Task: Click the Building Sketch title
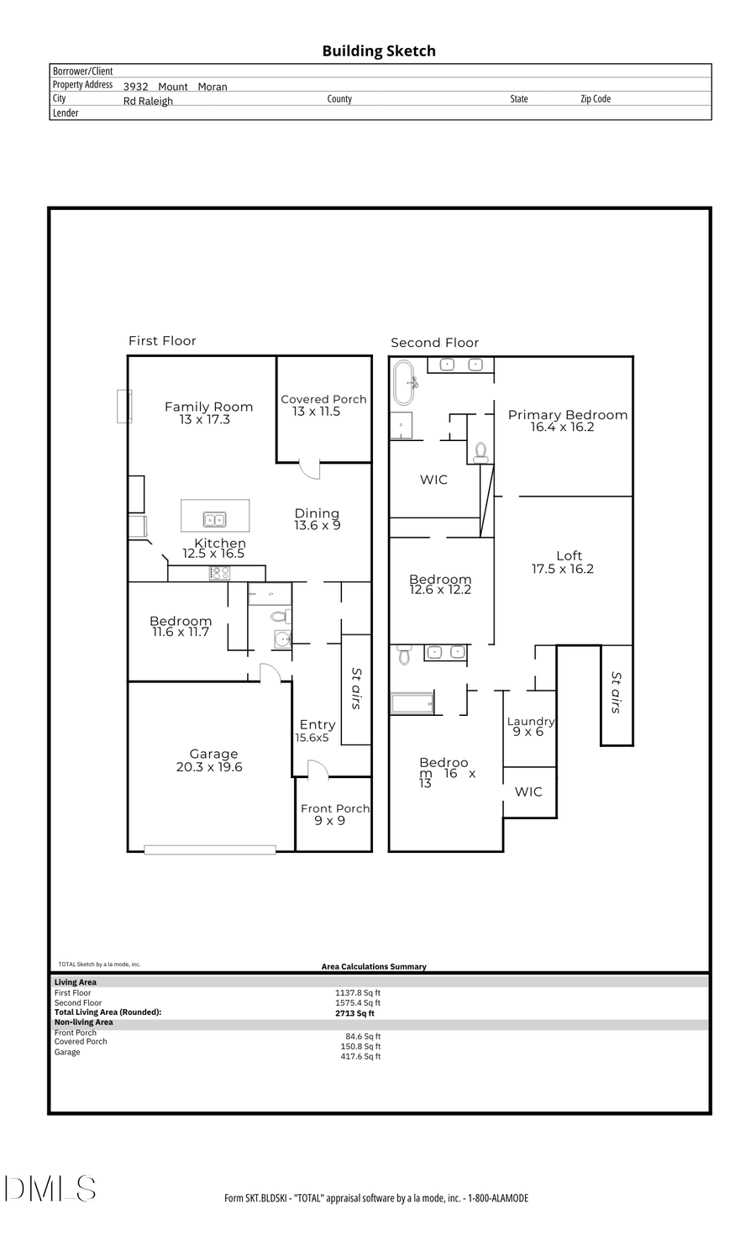click(x=379, y=51)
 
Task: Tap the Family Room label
click(x=208, y=407)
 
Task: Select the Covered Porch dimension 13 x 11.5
click(x=317, y=412)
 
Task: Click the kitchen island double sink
click(x=214, y=519)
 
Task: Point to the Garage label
click(x=213, y=754)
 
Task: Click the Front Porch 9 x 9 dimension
click(x=329, y=821)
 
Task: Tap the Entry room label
click(x=318, y=724)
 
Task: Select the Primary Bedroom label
click(x=568, y=414)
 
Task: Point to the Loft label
click(x=569, y=555)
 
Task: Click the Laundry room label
click(x=530, y=721)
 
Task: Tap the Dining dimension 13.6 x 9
click(x=318, y=526)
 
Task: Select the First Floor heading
click(x=162, y=340)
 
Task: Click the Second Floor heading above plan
click(x=434, y=342)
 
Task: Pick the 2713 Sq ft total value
click(x=354, y=1013)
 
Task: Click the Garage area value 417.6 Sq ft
click(x=360, y=1056)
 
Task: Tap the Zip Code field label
click(x=596, y=99)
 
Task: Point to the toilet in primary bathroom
click(x=480, y=453)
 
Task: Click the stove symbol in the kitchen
click(x=220, y=573)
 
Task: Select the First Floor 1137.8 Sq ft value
click(x=358, y=992)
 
